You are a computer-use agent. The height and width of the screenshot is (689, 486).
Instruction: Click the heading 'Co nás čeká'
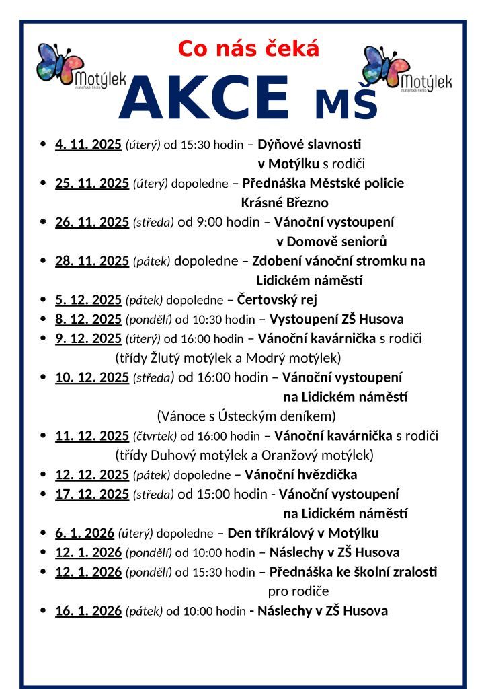pos(248,49)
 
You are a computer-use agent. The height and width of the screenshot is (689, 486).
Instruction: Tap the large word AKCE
pos(204,98)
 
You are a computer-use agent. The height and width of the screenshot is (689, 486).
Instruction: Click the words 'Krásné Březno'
pos(284,203)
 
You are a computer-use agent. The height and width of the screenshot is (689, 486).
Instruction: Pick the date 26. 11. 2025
pos(91,222)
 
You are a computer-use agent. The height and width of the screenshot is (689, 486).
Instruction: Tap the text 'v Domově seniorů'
pos(331,242)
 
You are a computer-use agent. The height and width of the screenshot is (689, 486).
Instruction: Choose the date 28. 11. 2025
pos(91,261)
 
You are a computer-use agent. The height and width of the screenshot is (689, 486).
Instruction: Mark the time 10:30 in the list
pos(196,320)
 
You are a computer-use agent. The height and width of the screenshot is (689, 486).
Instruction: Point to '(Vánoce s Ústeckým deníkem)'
pos(246,416)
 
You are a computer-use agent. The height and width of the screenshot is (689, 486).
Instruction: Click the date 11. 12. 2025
pos(91,436)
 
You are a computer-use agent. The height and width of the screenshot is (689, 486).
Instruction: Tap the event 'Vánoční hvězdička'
pos(300,474)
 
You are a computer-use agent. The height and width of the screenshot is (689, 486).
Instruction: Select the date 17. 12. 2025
pos(91,495)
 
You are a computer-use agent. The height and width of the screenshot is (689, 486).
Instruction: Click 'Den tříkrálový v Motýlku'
pos(303,534)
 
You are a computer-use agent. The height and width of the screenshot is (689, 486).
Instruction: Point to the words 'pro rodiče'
pos(298,591)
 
